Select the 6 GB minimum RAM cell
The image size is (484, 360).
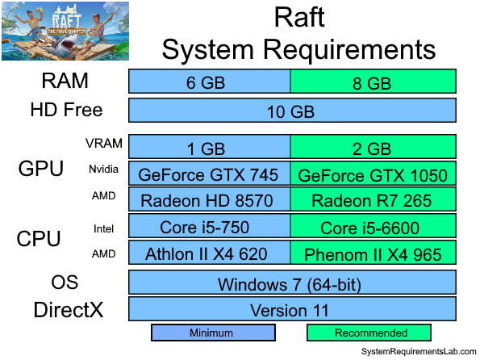(210, 82)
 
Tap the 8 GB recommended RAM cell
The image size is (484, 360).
(373, 82)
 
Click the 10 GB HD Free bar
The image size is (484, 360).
(292, 111)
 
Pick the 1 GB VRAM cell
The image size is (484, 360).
(210, 148)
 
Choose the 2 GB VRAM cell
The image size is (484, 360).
(373, 148)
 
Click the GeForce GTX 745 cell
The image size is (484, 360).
(210, 174)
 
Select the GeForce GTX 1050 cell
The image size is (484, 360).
(373, 174)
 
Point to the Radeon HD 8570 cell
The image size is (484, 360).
(210, 199)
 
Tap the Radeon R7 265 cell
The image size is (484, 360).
(373, 199)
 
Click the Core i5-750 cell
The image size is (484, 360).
(210, 227)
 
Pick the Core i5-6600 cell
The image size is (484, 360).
(373, 227)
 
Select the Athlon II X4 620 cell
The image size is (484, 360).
(210, 253)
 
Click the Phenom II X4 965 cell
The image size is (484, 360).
(373, 253)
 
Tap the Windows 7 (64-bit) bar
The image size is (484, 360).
(292, 283)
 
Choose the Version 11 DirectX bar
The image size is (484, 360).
(292, 310)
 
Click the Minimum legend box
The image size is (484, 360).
(213, 333)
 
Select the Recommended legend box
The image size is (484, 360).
(370, 333)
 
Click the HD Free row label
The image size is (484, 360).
(66, 111)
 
